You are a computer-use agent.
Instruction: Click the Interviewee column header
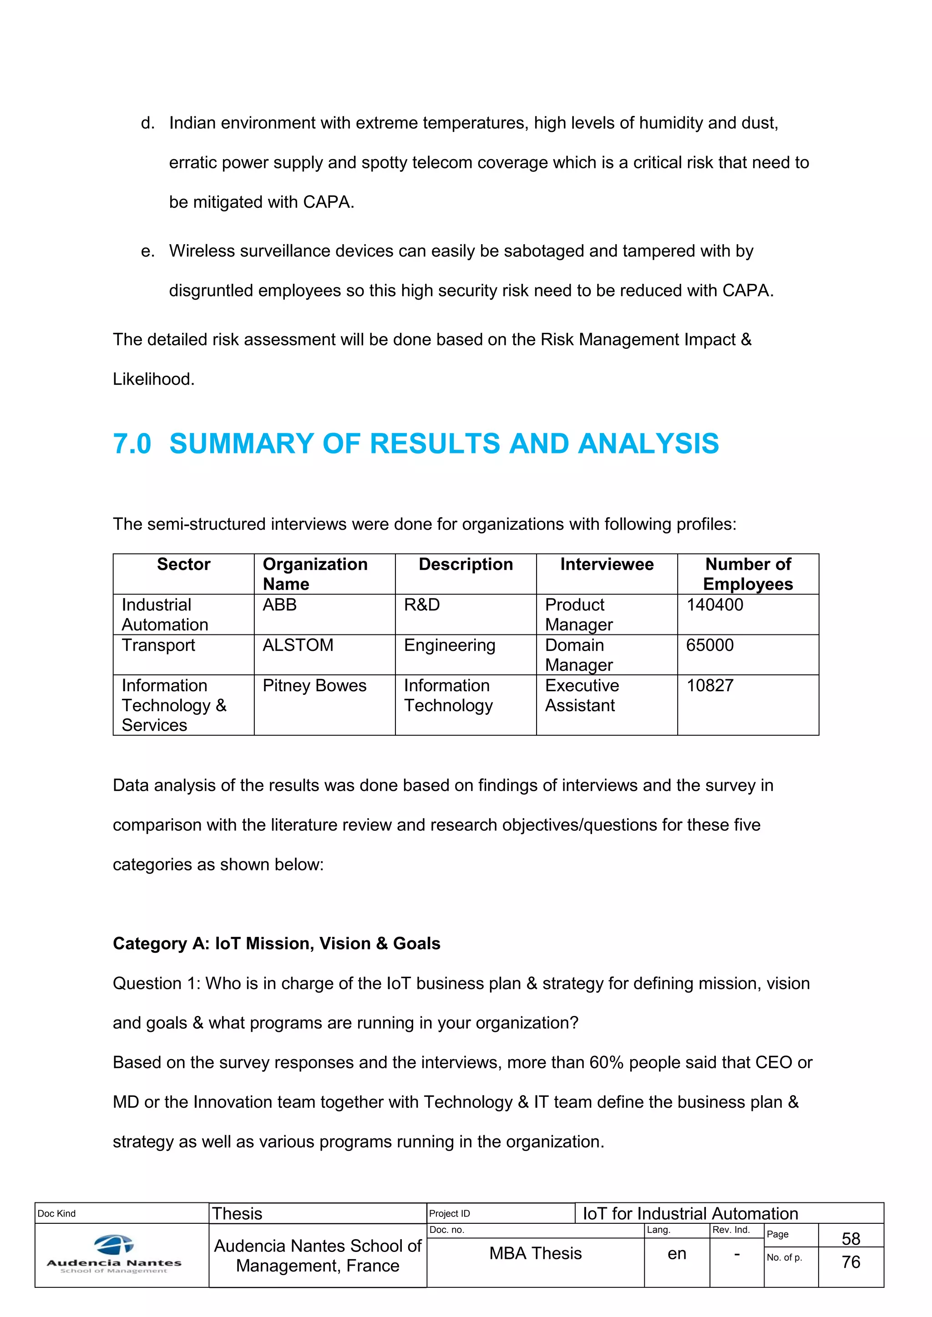[607, 564]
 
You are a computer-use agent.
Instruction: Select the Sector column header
[184, 564]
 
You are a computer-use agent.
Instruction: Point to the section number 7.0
[132, 444]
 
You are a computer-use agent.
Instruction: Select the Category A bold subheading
[276, 944]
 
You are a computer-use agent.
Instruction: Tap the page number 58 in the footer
[851, 1238]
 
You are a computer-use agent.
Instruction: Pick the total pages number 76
[851, 1262]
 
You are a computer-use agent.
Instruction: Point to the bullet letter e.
[147, 251]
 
